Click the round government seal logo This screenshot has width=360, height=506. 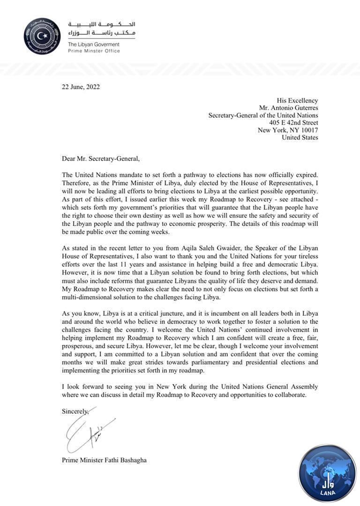(x=42, y=36)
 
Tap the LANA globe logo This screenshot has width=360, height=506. (x=327, y=473)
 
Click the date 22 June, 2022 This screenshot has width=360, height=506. (x=81, y=87)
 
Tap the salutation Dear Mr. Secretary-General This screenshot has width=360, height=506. (x=100, y=159)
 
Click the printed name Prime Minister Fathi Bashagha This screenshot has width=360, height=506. (x=104, y=460)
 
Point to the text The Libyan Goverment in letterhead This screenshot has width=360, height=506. (x=94, y=45)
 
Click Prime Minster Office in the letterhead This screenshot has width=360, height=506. (x=94, y=51)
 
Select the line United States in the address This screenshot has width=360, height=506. (x=300, y=138)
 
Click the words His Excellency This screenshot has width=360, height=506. (x=297, y=100)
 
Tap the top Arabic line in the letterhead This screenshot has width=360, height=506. (x=102, y=24)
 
